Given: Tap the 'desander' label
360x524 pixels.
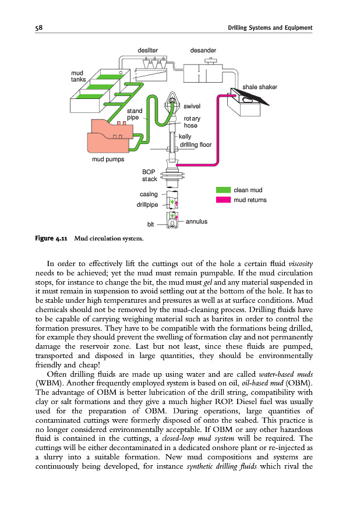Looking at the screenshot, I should pyautogui.click(x=203, y=50).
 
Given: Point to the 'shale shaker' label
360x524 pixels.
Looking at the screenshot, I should pyautogui.click(x=260, y=87).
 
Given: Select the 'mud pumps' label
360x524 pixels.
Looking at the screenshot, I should pyautogui.click(x=108, y=159).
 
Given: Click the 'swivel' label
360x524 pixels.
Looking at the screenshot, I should pyautogui.click(x=192, y=107).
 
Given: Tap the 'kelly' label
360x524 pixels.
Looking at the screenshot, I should pyautogui.click(x=185, y=137).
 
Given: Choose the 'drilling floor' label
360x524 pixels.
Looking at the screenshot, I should pyautogui.click(x=195, y=144).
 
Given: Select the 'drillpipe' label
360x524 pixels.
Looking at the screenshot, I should pyautogui.click(x=148, y=205).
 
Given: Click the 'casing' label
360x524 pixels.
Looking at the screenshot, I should pyautogui.click(x=150, y=194).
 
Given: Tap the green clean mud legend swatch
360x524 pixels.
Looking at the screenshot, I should pyautogui.click(x=223, y=190).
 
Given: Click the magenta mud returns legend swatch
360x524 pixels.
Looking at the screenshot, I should pyautogui.click(x=223, y=200).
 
